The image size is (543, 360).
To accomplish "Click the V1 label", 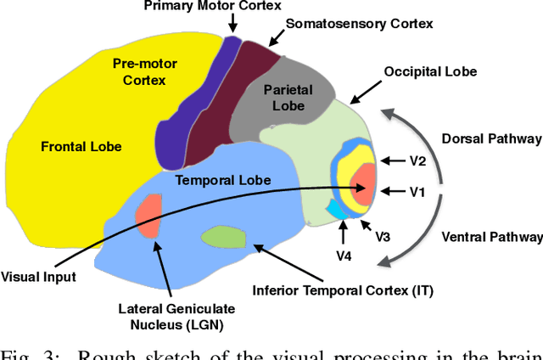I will tap(417, 192).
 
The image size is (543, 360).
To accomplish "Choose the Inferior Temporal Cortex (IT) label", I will tap(343, 291).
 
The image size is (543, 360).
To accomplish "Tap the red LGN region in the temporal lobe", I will tap(149, 216).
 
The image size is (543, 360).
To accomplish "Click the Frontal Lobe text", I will tap(81, 146).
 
